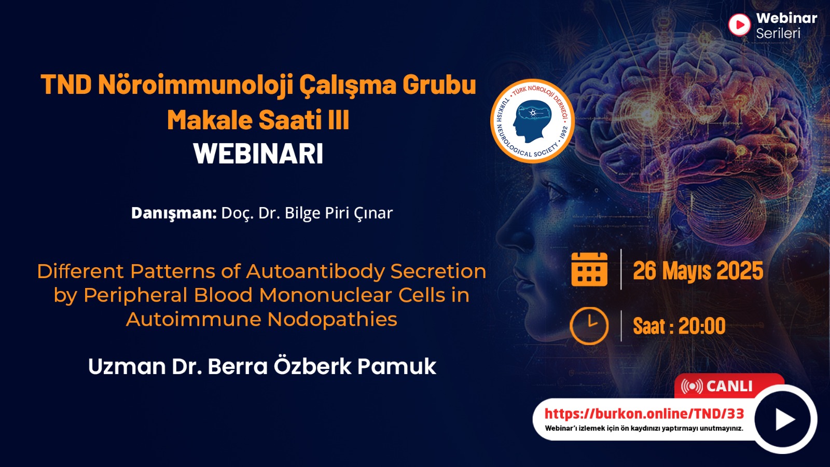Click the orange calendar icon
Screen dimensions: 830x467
(589, 269)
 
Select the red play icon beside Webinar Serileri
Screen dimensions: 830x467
(739, 25)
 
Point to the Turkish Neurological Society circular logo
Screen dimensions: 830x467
(532, 121)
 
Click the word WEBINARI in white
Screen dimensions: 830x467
(258, 154)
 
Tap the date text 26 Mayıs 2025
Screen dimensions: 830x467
(698, 270)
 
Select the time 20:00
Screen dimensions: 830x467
(702, 326)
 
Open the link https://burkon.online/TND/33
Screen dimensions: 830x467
(644, 414)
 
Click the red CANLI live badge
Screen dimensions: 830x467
(728, 386)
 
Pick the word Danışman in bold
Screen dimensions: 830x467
(174, 213)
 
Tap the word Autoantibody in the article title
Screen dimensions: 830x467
(318, 271)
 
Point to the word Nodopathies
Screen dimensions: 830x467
(333, 319)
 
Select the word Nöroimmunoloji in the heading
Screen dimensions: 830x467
(196, 85)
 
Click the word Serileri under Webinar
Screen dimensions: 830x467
(778, 33)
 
